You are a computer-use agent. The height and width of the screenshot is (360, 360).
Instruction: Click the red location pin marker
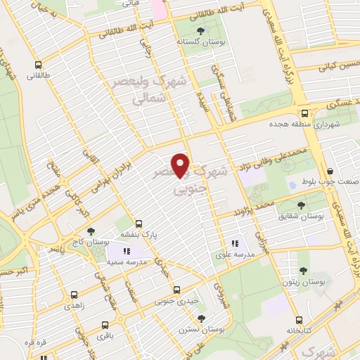(x=181, y=165)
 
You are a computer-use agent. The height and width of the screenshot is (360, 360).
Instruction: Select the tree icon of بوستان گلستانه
(x=202, y=31)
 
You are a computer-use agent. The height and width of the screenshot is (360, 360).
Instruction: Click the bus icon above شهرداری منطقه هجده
(x=304, y=112)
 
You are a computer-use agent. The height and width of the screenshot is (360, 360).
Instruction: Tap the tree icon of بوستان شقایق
(x=302, y=205)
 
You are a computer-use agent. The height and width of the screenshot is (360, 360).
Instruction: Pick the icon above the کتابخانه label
(x=299, y=319)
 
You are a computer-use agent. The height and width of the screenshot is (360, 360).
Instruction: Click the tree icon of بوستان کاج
(x=89, y=231)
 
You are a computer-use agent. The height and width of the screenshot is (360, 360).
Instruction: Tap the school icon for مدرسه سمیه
(x=127, y=251)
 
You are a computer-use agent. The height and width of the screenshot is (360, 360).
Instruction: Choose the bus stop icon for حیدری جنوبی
(x=176, y=290)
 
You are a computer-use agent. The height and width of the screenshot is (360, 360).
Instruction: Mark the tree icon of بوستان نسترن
(x=202, y=318)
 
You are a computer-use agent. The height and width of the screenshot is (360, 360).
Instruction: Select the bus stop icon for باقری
(x=105, y=325)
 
